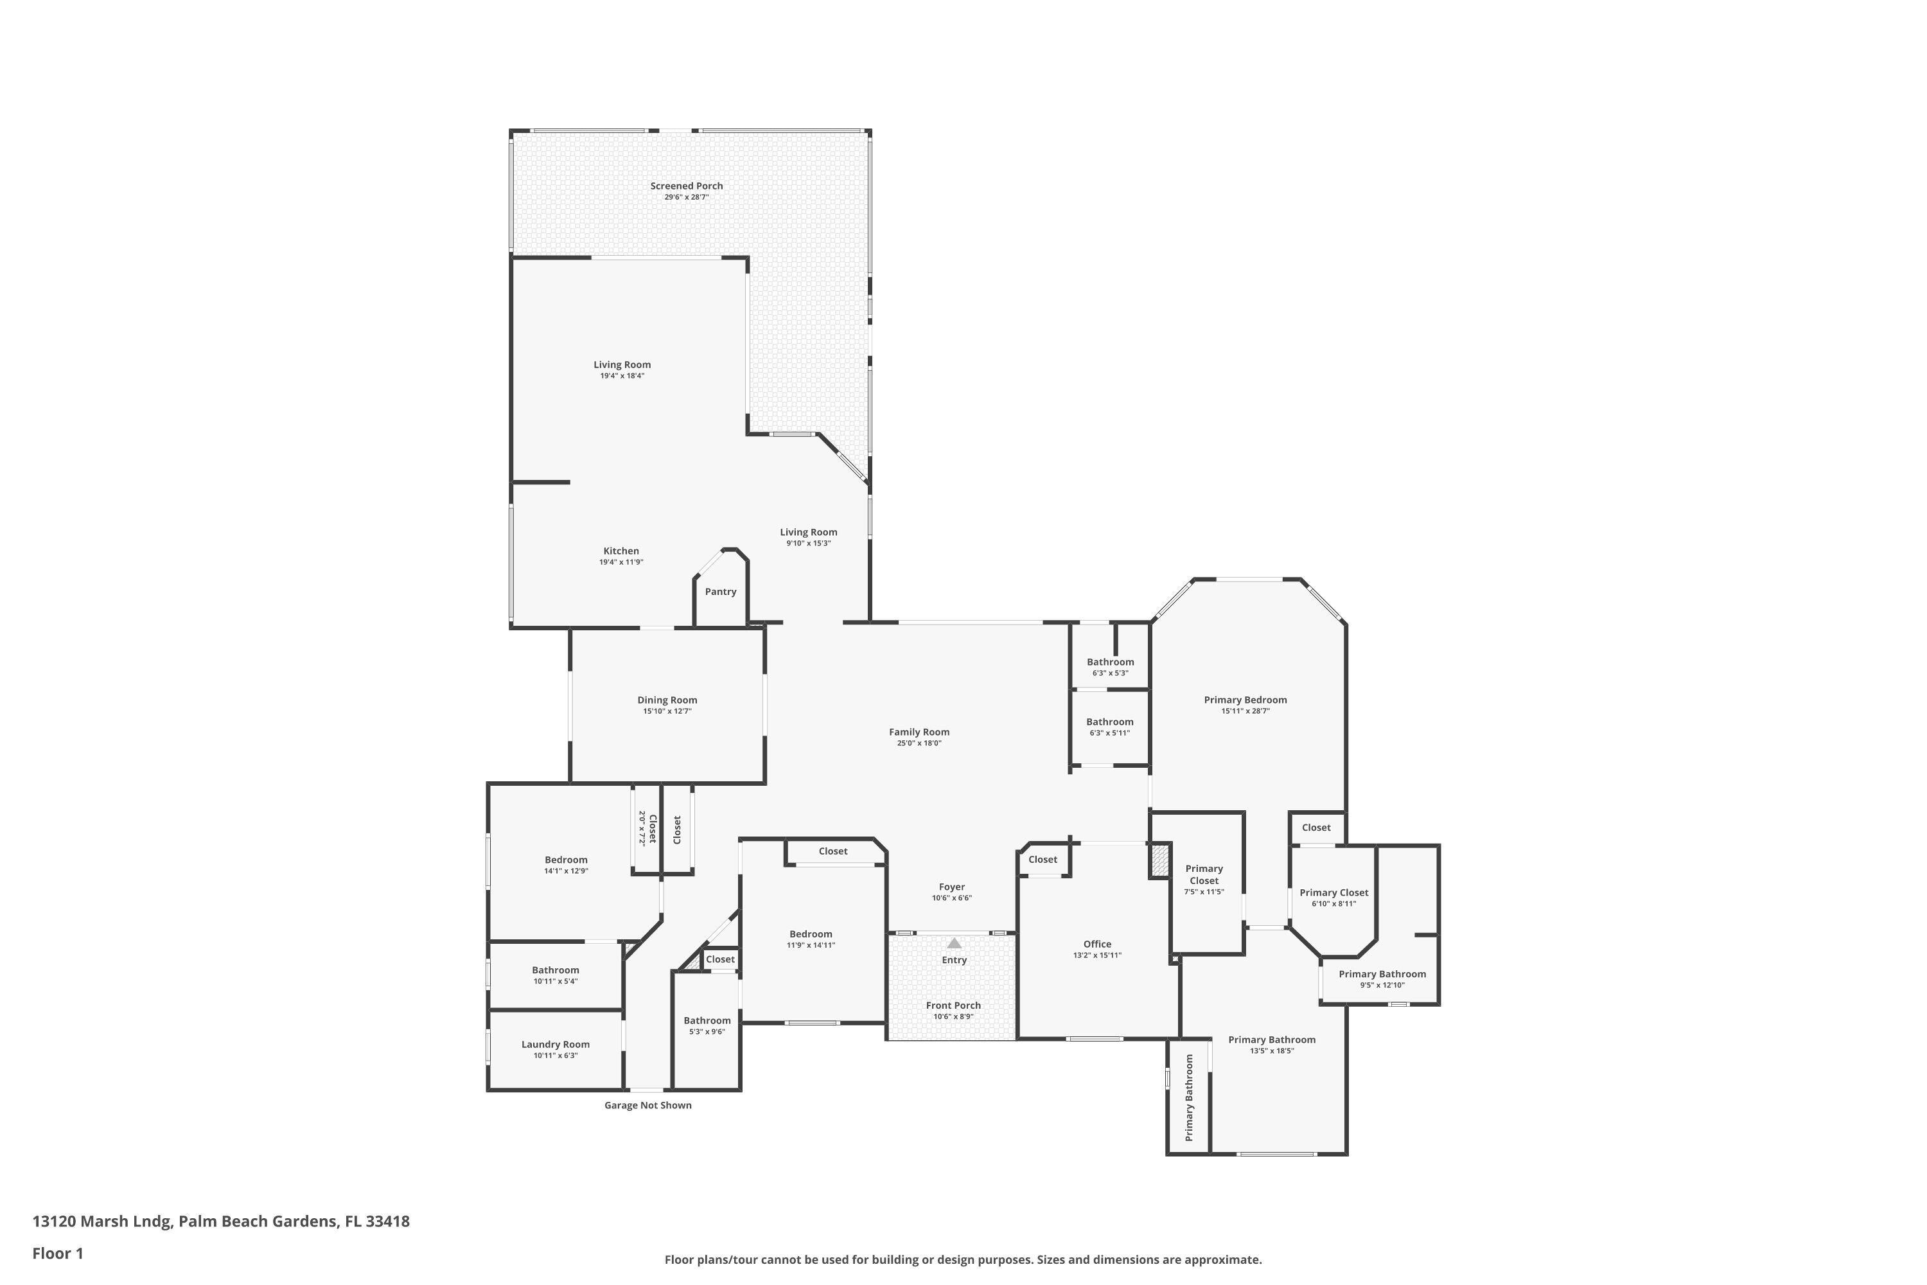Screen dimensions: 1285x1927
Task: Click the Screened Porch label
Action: [687, 186]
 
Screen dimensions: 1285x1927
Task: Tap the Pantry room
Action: [720, 592]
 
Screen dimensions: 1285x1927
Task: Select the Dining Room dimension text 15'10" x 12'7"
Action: [667, 711]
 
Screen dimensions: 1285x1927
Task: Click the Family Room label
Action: [919, 732]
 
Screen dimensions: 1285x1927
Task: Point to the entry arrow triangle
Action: [954, 943]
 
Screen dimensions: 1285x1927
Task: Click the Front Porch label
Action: [953, 1006]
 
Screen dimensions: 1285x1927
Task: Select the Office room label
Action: [1097, 944]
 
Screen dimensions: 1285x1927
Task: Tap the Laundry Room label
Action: [556, 1044]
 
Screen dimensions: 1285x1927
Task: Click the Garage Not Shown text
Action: [647, 1106]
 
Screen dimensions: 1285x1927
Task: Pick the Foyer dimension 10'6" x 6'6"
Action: [951, 898]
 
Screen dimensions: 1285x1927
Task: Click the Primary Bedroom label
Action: [1245, 700]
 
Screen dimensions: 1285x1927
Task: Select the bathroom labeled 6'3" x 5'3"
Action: [1110, 662]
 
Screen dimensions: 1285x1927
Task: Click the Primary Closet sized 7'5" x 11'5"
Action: [1204, 874]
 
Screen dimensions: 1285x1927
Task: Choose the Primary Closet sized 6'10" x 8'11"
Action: [1333, 892]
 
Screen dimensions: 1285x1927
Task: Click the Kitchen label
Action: [621, 551]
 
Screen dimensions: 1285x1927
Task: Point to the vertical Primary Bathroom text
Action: [1189, 1097]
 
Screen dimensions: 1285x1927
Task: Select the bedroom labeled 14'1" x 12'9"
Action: [566, 860]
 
